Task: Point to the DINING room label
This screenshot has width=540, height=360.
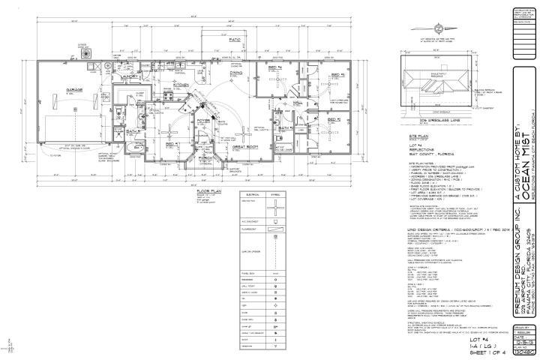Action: point(235,72)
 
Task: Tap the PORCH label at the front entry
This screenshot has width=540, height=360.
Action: point(204,157)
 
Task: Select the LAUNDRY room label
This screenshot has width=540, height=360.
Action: point(144,76)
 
